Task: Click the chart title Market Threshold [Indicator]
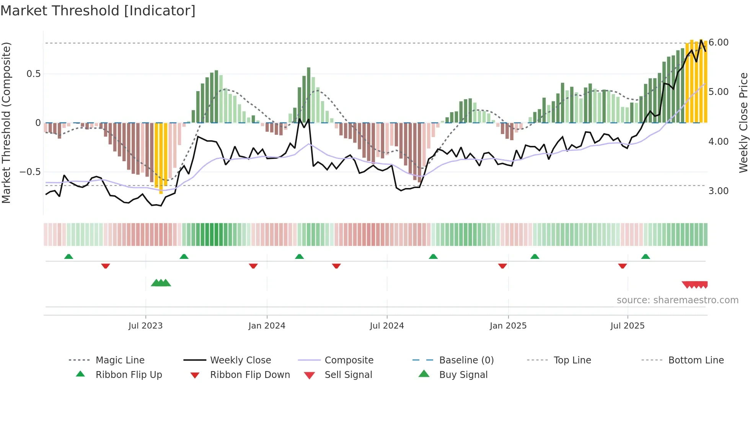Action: (x=98, y=11)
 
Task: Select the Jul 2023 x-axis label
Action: (x=145, y=326)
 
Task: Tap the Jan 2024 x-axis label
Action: (x=267, y=326)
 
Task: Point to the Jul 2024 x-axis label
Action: (x=387, y=326)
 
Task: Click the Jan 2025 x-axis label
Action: (x=508, y=326)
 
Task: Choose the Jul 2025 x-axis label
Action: (x=628, y=326)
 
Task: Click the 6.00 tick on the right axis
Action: (x=718, y=43)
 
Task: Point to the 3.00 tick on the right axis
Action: (x=718, y=191)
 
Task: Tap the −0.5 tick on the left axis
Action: (x=30, y=172)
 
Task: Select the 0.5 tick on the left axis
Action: (x=34, y=74)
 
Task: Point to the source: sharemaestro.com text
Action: (x=677, y=300)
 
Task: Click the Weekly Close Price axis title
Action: (x=743, y=123)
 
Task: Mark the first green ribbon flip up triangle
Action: (x=68, y=257)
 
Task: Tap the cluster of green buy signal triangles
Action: (x=161, y=283)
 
